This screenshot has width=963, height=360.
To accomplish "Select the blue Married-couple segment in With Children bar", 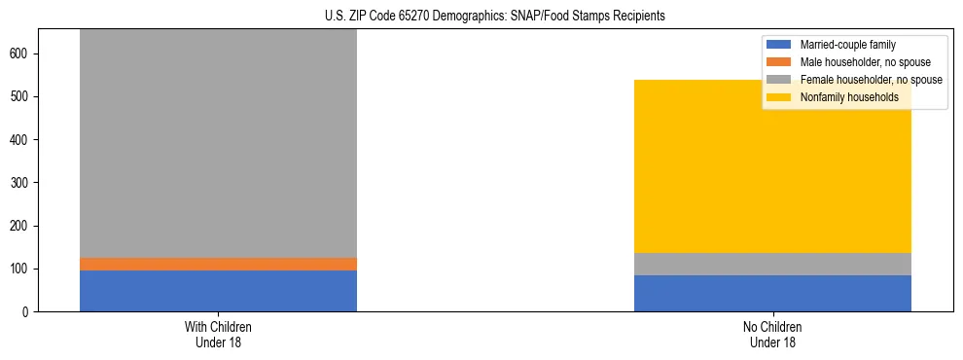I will pyautogui.click(x=218, y=290).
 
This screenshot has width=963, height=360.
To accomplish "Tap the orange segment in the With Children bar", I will pyautogui.click(x=218, y=264).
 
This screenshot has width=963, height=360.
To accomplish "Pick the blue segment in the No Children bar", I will pyautogui.click(x=772, y=293).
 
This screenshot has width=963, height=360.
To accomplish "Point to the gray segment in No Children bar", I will pyautogui.click(x=772, y=264).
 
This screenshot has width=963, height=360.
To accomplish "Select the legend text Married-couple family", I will pyautogui.click(x=847, y=45).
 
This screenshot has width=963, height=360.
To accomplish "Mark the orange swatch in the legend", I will pyautogui.click(x=779, y=62).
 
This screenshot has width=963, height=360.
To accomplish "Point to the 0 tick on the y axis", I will pyautogui.click(x=27, y=311).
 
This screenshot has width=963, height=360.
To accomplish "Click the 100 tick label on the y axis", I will pyautogui.click(x=21, y=269).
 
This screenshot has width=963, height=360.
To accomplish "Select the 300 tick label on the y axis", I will pyautogui.click(x=21, y=183).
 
